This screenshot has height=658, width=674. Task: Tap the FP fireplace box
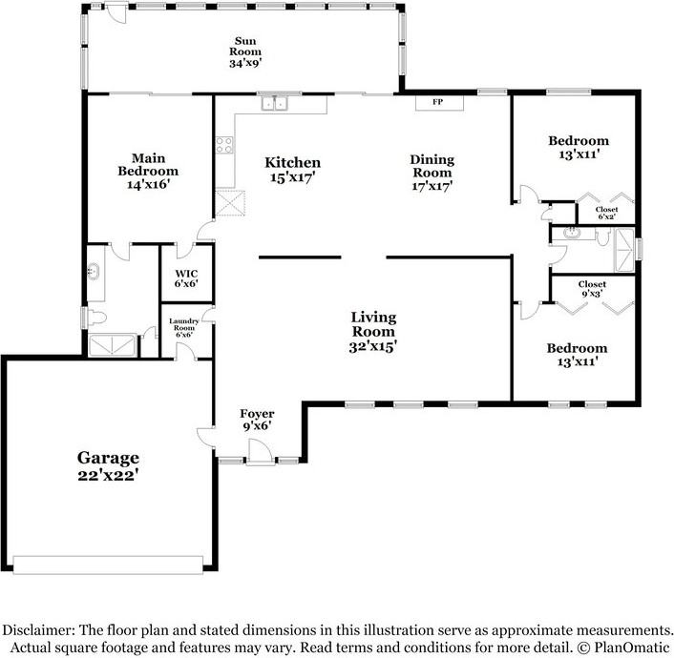click(438, 101)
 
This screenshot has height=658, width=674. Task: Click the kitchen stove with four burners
click(225, 146)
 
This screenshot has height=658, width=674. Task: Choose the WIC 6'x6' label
click(185, 278)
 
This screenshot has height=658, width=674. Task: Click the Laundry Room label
click(182, 327)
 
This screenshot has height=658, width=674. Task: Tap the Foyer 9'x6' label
click(256, 420)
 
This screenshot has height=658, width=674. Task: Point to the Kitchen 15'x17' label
click(292, 170)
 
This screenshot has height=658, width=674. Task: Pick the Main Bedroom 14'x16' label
click(148, 170)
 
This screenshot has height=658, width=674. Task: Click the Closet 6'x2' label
click(605, 213)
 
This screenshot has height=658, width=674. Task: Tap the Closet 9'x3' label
click(593, 289)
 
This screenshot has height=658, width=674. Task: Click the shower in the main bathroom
click(111, 344)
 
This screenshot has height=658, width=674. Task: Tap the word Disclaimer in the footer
click(39, 630)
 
